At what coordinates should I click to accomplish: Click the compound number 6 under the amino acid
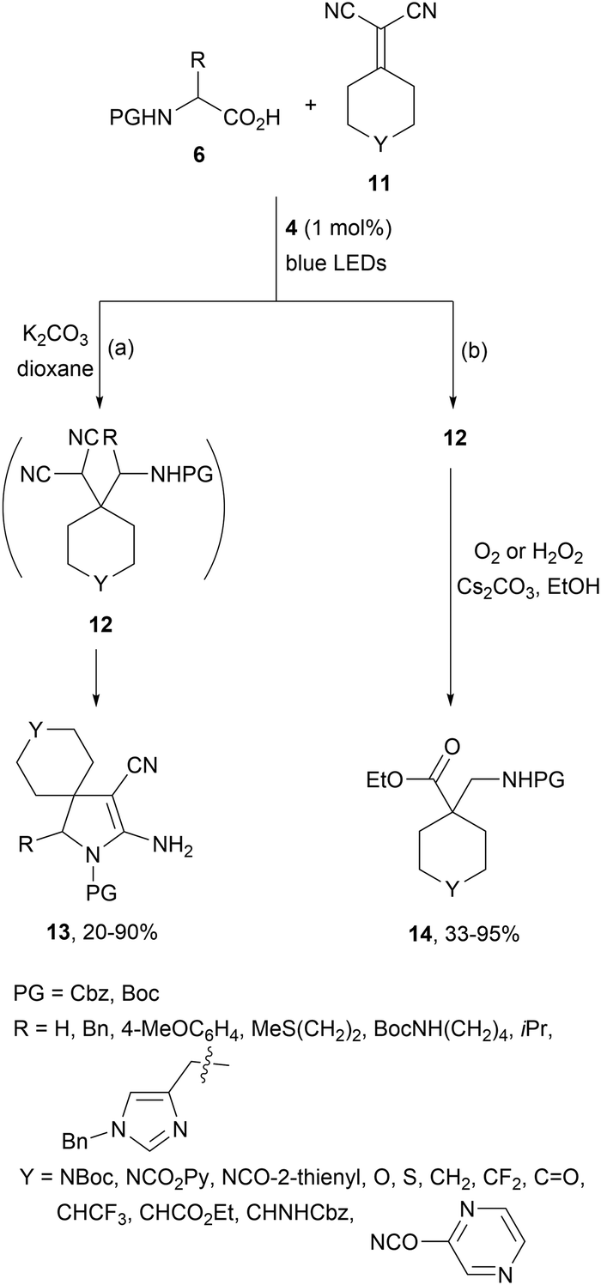(x=198, y=155)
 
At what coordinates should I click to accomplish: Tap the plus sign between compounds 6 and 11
(x=312, y=106)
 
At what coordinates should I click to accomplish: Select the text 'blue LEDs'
(x=336, y=263)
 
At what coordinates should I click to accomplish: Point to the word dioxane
(x=55, y=368)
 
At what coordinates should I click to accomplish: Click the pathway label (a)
(x=120, y=349)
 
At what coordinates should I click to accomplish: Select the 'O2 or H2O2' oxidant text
(x=528, y=555)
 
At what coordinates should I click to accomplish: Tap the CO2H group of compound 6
(x=252, y=118)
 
